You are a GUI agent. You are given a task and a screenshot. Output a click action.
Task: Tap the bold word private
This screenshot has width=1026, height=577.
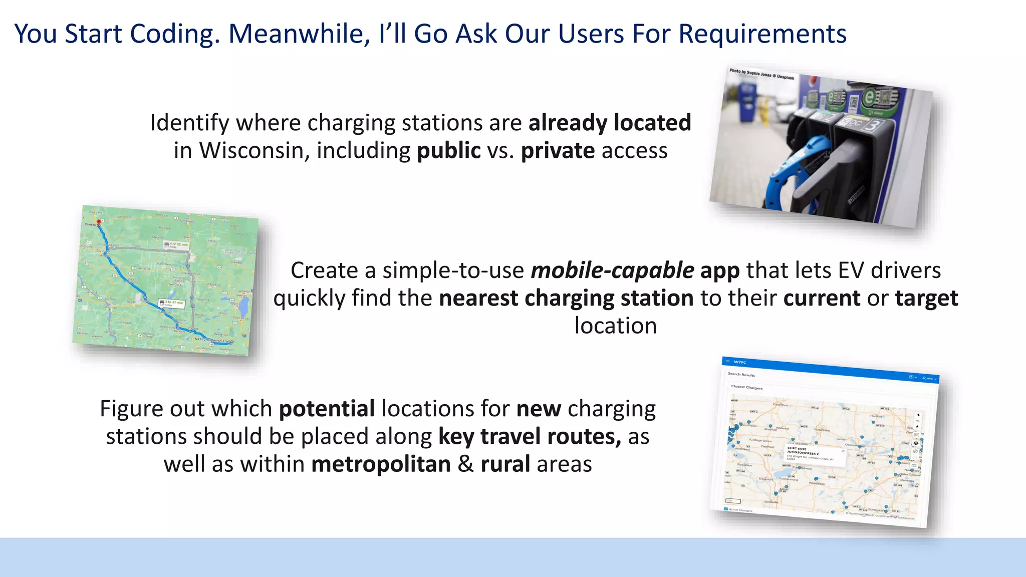point(558,151)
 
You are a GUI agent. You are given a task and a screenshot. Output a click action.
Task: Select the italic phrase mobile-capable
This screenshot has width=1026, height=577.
point(612,270)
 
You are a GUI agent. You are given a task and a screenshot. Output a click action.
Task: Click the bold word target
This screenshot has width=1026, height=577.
point(926,299)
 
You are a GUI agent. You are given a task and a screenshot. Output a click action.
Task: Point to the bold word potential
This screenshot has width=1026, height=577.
point(327,409)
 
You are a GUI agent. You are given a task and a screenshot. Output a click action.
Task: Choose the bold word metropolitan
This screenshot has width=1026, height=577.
point(381,464)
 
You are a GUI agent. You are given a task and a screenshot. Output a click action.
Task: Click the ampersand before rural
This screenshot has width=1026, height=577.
point(465,464)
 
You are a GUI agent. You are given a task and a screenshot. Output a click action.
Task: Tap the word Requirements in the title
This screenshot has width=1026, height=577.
point(762,34)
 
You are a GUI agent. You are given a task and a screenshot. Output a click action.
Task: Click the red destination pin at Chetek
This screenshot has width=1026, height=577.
point(99,222)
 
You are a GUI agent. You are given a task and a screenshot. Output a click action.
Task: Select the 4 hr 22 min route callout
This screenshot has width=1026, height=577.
point(176,245)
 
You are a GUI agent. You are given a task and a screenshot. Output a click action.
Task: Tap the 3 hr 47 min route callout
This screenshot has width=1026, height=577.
point(172,304)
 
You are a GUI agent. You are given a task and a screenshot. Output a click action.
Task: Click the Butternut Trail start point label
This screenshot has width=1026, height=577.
point(213,340)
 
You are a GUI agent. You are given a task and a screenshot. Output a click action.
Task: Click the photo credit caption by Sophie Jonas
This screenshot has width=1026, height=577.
point(761,74)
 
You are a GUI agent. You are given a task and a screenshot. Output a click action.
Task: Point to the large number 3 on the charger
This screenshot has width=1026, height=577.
point(871,125)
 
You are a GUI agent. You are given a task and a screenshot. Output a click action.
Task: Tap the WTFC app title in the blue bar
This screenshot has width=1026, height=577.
point(740,362)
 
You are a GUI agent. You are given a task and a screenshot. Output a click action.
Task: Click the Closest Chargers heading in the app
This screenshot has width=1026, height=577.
point(746,387)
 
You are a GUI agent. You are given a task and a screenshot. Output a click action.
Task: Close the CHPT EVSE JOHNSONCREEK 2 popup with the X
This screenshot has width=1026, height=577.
point(843,451)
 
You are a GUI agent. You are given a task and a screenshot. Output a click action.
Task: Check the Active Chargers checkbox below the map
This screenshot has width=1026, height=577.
point(726,509)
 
